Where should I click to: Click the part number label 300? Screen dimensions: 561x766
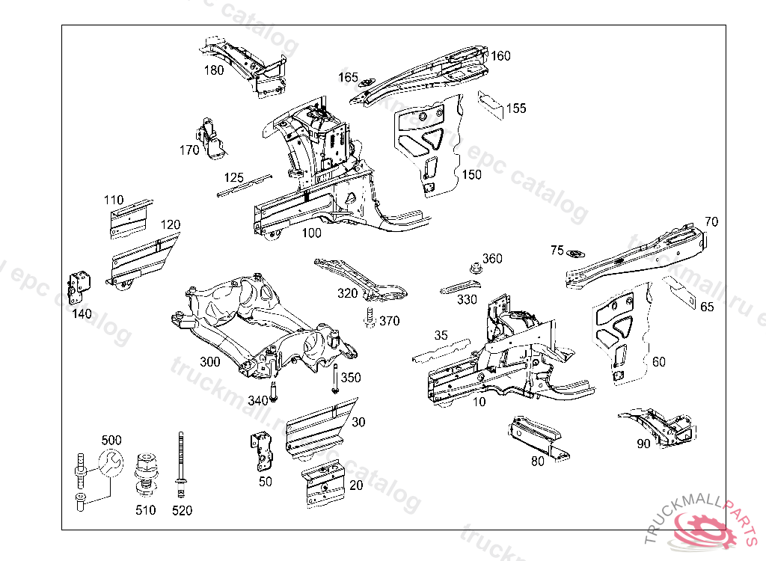210,362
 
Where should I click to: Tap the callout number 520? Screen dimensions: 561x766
182,510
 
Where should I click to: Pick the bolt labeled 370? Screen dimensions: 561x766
368,318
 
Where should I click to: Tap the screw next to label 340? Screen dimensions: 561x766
275,390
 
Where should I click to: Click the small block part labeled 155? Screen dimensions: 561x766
491,100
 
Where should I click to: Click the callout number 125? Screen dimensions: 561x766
234,177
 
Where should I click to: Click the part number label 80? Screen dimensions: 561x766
538,461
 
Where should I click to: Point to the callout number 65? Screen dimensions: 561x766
707,307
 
